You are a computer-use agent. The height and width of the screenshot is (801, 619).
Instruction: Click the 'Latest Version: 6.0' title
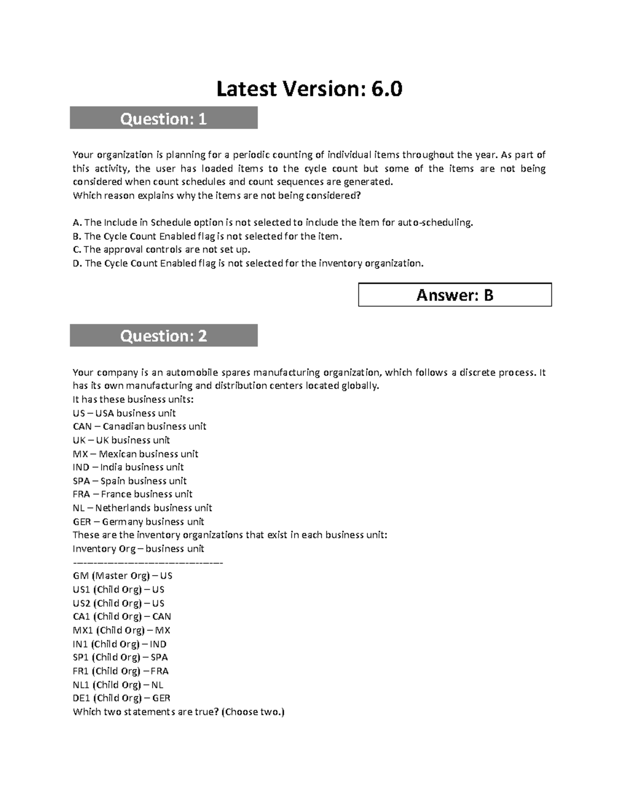309,89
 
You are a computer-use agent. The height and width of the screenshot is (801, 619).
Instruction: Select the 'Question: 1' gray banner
164,119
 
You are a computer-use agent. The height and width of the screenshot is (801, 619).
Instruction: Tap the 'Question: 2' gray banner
164,336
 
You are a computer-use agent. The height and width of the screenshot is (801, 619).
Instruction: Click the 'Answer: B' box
454,295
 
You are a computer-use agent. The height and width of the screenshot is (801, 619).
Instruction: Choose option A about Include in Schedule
273,223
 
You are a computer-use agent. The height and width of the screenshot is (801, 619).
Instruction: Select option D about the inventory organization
248,264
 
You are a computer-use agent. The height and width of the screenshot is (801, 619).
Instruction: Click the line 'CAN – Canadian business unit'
139,427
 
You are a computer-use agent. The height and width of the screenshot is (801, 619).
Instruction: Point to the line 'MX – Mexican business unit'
136,454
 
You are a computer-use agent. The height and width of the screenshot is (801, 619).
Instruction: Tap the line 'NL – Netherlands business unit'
142,508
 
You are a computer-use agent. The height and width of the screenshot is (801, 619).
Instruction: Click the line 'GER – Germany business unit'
138,521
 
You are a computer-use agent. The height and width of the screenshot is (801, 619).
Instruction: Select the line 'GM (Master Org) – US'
123,576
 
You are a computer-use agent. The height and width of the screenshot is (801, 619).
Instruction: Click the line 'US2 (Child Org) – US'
119,603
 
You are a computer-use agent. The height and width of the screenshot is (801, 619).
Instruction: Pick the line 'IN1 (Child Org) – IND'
120,644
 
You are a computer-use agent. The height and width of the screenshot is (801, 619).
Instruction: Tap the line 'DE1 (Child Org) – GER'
122,698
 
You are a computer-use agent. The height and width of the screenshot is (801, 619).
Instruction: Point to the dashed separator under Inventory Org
148,562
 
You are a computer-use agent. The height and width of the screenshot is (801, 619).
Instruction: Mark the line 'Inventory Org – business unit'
138,549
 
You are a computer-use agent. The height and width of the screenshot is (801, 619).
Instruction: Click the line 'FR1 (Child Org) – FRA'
121,671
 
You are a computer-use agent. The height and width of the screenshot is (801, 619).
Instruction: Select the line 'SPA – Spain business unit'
129,481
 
